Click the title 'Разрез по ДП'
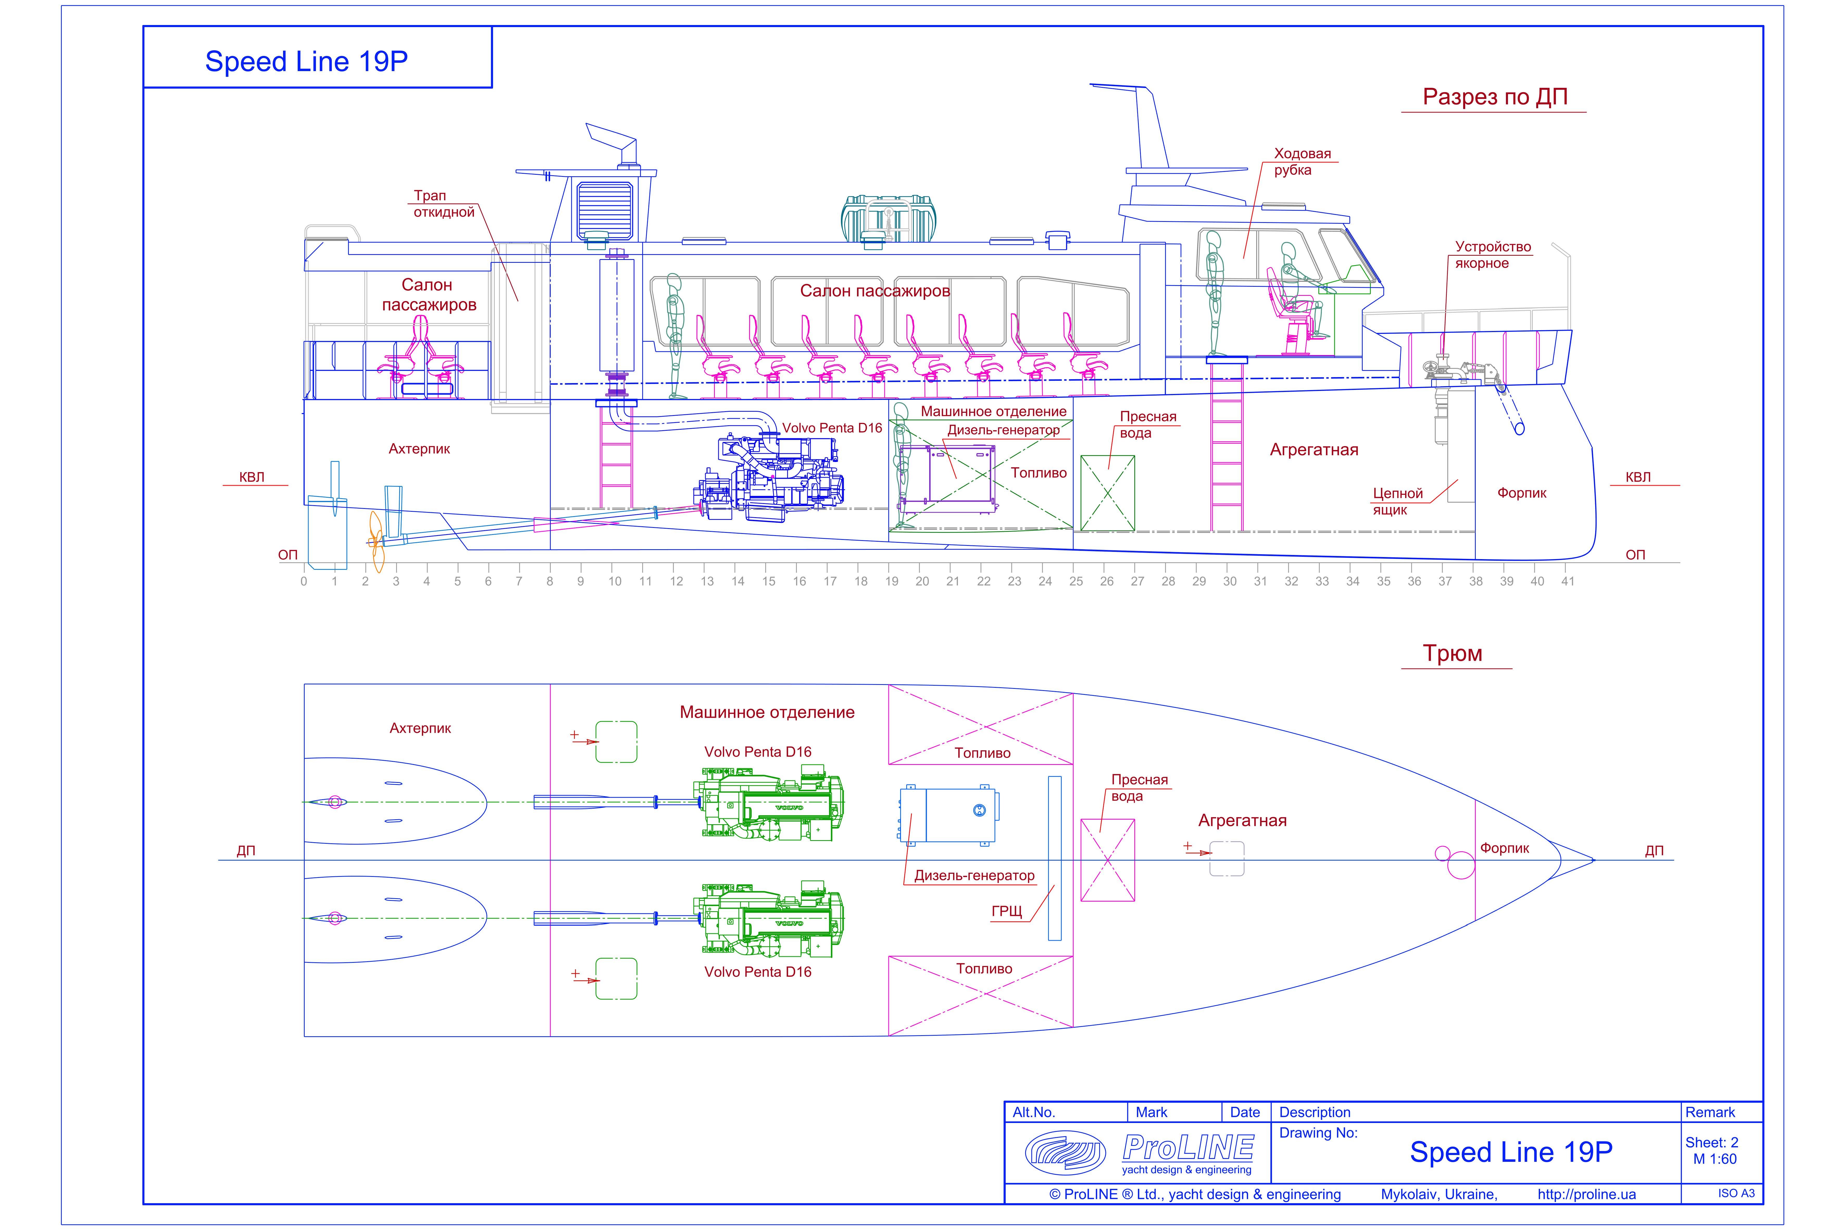(1494, 97)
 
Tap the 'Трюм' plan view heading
(1452, 653)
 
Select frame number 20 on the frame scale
(922, 581)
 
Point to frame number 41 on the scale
(1567, 581)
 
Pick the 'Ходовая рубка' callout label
(1302, 161)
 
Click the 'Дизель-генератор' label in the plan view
(974, 876)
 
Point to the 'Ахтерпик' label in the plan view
(420, 728)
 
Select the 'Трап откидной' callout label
(444, 204)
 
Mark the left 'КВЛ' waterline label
(252, 477)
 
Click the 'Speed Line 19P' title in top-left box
(306, 61)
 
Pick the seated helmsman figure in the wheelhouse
(1294, 298)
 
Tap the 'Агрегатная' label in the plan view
(1242, 821)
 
